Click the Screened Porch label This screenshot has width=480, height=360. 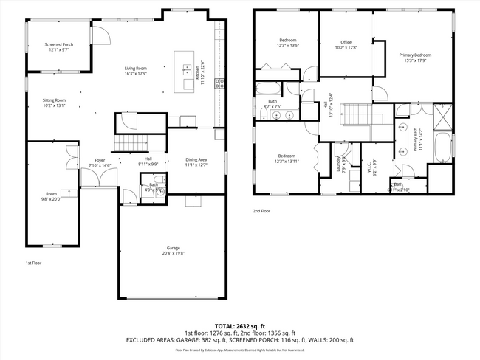58,45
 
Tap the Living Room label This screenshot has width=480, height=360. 135,69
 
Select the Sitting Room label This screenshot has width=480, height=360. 54,100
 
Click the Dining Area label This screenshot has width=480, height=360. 196,159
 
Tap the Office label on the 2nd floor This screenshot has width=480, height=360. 346,42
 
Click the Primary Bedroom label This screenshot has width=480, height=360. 415,55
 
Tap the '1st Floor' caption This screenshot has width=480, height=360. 33,263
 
